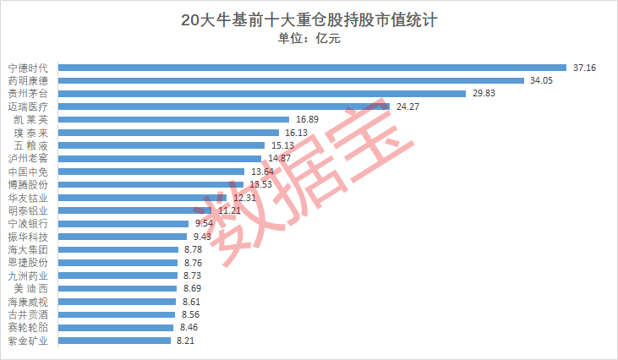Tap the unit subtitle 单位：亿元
(309, 39)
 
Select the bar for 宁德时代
(313, 68)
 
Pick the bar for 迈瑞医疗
(224, 106)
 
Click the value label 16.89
(307, 120)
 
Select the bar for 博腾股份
(152, 184)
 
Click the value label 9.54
(204, 224)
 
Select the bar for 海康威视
(118, 302)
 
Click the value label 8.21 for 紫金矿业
(185, 341)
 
